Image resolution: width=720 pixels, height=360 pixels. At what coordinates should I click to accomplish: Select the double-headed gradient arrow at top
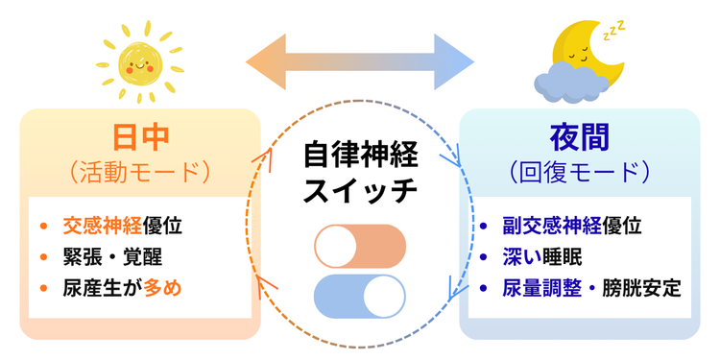point(360,60)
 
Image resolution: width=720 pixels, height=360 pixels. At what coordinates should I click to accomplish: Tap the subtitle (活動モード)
point(139,172)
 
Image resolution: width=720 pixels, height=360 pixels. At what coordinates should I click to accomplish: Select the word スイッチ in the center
point(360,190)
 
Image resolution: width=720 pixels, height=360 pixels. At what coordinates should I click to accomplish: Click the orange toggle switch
point(360,247)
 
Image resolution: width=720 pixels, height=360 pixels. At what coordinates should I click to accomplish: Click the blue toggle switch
point(360,297)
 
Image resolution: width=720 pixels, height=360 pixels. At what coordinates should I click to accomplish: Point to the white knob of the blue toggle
point(383,297)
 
